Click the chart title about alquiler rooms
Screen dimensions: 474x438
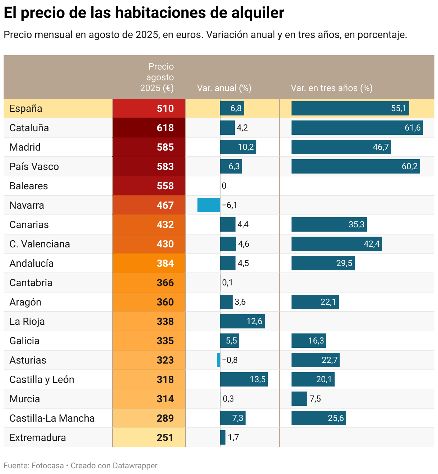(144, 13)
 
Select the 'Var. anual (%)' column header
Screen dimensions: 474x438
(224, 88)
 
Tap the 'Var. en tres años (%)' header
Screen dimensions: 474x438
(331, 88)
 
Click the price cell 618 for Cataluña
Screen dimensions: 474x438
(165, 128)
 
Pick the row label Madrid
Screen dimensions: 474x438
(25, 147)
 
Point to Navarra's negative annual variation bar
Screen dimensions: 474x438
(209, 205)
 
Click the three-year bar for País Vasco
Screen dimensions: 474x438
(355, 166)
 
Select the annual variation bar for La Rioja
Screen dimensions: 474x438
(242, 321)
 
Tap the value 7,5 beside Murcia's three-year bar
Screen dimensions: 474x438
(315, 399)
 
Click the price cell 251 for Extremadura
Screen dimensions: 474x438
(165, 437)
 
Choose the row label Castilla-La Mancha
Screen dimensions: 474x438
(52, 418)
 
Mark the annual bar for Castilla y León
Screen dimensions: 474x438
(244, 379)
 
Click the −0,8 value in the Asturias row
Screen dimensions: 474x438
(230, 360)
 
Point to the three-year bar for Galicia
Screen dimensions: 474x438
(309, 341)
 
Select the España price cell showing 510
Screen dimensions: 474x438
(165, 108)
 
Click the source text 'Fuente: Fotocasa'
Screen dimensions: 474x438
(34, 465)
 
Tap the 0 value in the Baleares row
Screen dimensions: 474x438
(224, 186)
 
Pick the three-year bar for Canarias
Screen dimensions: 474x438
(329, 224)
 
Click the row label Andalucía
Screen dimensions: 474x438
(32, 263)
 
